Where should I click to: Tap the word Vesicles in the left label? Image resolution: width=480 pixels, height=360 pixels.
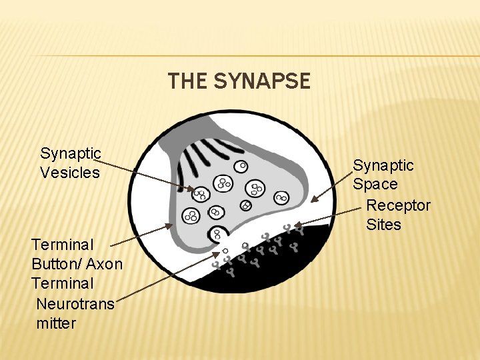[x=70, y=173]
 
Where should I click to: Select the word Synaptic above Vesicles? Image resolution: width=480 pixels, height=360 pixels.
[x=70, y=153]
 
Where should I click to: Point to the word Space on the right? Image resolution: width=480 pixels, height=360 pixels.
[x=375, y=184]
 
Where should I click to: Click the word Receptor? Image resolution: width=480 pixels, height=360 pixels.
[x=398, y=205]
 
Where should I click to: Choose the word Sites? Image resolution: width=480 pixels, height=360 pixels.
[x=383, y=225]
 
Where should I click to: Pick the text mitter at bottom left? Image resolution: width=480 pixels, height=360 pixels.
[x=57, y=323]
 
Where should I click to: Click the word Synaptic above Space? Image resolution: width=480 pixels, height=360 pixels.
[x=383, y=165]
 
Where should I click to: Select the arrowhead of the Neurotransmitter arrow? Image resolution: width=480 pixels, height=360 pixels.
[x=218, y=254]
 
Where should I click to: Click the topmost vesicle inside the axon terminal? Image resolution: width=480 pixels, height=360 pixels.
[x=243, y=165]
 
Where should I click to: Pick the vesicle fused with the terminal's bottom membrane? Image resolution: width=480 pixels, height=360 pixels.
[x=217, y=234]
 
